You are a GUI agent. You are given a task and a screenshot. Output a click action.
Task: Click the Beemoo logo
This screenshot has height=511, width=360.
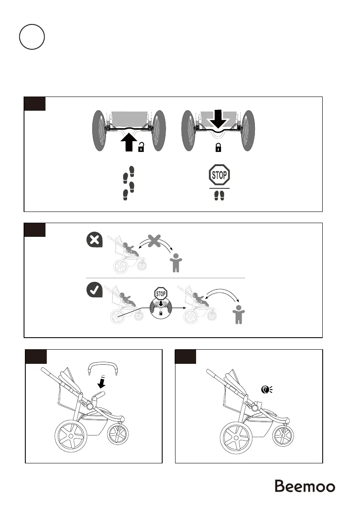click(x=305, y=487)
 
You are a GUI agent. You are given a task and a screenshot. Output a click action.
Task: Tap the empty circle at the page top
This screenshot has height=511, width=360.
click(x=32, y=37)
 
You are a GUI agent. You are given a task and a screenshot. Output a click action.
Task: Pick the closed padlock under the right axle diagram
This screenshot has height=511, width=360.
click(x=218, y=148)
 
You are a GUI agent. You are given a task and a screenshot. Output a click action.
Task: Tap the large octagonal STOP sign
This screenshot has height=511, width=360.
click(x=219, y=175)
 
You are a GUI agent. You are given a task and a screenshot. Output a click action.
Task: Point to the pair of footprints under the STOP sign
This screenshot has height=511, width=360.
click(x=219, y=195)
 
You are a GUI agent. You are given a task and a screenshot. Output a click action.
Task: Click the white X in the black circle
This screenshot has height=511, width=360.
click(x=94, y=240)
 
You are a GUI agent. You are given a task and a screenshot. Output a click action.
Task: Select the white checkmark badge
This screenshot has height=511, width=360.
click(x=94, y=291)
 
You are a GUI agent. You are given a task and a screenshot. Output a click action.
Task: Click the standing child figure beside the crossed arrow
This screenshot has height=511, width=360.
click(x=175, y=263)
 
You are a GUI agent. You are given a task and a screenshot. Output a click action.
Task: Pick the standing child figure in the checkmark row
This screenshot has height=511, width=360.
click(x=237, y=317)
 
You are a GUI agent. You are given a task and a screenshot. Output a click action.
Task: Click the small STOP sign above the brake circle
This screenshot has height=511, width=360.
click(x=161, y=294)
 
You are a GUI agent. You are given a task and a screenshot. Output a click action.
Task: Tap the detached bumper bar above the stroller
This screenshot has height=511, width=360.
click(x=103, y=366)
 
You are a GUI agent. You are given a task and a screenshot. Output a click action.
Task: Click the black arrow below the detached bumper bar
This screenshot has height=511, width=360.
click(x=102, y=381)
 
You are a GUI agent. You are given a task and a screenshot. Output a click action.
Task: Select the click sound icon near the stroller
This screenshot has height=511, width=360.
click(x=267, y=390)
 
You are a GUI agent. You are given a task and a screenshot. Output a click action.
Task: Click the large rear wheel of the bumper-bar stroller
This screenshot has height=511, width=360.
click(x=71, y=437)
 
